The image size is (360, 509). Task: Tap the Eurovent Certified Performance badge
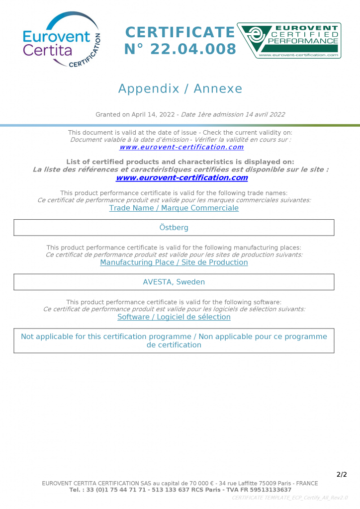(289, 40)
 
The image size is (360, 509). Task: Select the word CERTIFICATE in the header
(180, 32)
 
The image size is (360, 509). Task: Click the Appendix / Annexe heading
(180, 89)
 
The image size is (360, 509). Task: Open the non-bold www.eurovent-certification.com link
(181, 147)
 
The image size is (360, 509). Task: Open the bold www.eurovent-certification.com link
(181, 177)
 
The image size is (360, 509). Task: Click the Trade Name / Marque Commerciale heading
(174, 208)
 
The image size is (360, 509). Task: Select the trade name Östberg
(174, 228)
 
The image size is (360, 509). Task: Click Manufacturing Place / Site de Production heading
(174, 262)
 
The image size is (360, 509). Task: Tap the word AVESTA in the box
(158, 282)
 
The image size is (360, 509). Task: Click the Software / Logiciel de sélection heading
(174, 317)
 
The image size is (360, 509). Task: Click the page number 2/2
(342, 474)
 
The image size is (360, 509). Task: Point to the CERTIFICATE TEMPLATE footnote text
(289, 498)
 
